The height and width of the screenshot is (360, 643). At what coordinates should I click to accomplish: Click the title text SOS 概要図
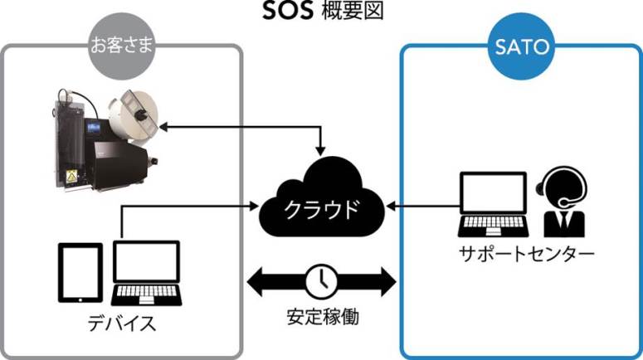coord(321,13)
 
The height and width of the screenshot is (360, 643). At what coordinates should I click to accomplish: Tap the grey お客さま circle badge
coord(122,46)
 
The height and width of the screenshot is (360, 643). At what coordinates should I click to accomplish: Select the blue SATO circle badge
coord(522,46)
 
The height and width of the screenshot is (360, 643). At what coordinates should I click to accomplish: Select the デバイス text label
coord(121,323)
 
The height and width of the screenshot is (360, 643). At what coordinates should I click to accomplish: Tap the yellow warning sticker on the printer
coord(70,175)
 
